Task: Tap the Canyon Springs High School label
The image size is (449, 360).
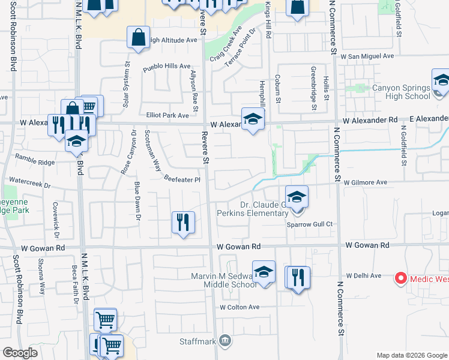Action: click(402, 92)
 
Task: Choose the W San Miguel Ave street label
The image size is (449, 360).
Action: click(367, 56)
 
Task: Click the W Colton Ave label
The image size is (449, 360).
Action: click(239, 307)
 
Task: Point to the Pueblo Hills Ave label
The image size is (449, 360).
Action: click(166, 67)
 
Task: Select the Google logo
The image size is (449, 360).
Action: click(20, 352)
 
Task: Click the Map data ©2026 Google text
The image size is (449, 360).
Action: click(411, 355)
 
